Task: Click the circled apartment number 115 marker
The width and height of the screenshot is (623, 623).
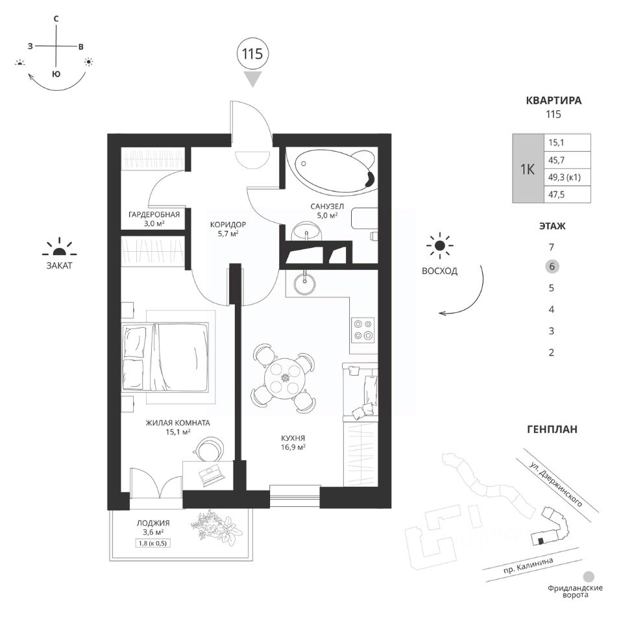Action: (x=252, y=54)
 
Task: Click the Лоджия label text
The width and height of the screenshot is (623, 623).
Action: (x=153, y=522)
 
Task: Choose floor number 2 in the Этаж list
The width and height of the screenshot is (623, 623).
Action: (x=551, y=353)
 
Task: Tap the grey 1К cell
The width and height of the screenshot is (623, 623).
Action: (x=528, y=169)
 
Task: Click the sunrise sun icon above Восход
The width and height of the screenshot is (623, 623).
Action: (x=441, y=245)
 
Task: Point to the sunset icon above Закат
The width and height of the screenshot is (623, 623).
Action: (x=59, y=247)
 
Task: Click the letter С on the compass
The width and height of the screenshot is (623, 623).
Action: (x=56, y=19)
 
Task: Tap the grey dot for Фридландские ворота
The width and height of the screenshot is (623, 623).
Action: (x=589, y=576)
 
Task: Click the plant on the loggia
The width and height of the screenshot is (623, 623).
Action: (x=215, y=527)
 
